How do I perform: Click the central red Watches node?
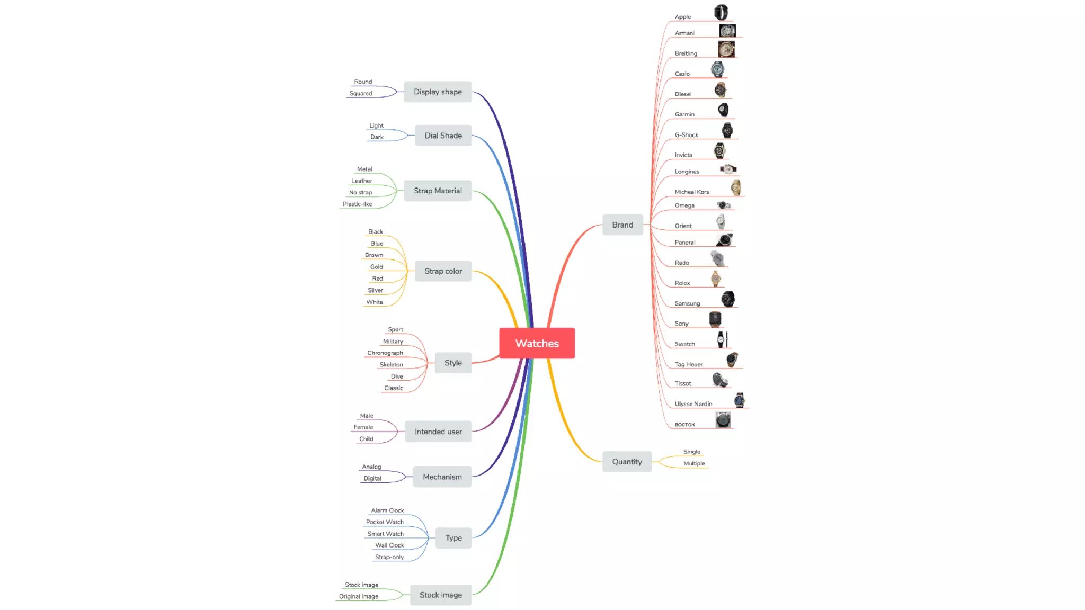537,343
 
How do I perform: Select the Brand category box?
622,225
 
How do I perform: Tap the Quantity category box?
627,462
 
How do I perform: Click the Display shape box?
438,92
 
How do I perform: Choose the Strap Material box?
438,191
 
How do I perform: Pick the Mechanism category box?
442,477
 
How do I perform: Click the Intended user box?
438,432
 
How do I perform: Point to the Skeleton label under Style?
391,364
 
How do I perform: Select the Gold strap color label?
377,266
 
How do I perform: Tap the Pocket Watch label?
385,522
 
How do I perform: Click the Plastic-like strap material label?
357,204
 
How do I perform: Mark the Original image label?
359,596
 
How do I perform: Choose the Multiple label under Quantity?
694,463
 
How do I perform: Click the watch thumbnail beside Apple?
721,12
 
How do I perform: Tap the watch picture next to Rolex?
716,278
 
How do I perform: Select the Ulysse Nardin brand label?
693,404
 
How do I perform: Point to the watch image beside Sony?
715,319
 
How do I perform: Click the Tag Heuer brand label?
689,364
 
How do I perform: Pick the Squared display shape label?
361,93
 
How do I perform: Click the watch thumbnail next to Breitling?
726,49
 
